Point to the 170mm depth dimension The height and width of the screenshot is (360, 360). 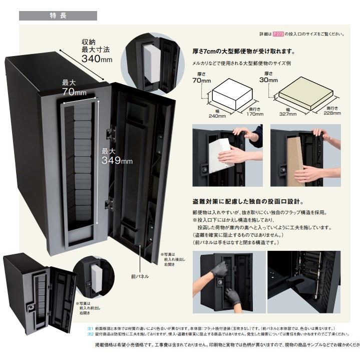tap(254, 114)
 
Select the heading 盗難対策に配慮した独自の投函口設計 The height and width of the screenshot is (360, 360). tap(247, 202)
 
